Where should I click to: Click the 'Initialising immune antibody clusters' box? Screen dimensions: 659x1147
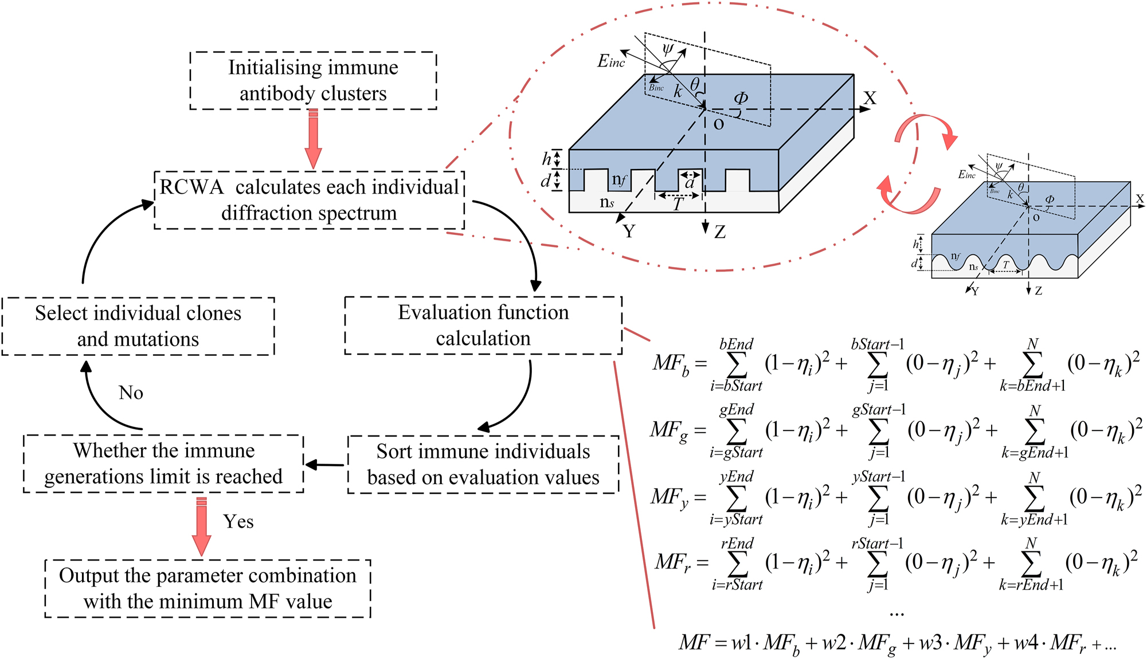[313, 80]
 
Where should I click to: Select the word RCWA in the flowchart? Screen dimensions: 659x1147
[191, 187]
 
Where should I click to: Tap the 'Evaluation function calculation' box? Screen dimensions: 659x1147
[483, 325]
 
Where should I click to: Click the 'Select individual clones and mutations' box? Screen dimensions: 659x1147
[138, 325]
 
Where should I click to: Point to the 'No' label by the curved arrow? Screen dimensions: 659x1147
[131, 393]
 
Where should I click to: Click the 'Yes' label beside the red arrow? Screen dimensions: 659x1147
[238, 521]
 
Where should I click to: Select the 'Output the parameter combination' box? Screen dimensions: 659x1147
[208, 588]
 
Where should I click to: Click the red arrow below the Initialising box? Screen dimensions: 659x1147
[313, 140]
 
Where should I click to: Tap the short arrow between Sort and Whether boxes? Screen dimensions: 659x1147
[326, 465]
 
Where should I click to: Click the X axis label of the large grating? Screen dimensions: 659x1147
[870, 99]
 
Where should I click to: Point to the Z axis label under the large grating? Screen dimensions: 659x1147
[720, 232]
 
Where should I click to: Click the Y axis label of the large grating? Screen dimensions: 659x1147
[629, 232]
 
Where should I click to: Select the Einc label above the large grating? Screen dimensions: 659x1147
[611, 61]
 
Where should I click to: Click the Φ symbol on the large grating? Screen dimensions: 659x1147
[741, 99]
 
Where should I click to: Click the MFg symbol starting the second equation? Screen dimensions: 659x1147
[668, 430]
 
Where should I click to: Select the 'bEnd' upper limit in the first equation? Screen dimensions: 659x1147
[737, 344]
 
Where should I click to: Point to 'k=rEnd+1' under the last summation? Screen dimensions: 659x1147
[1031, 585]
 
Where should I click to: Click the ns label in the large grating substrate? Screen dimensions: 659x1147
[607, 202]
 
